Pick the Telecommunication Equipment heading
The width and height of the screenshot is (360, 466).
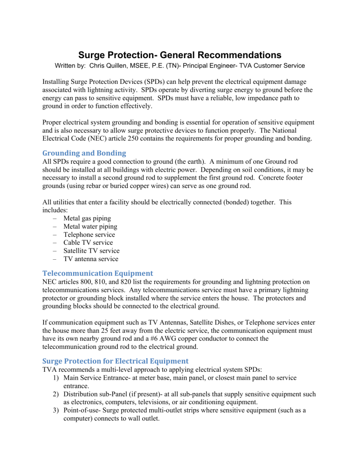coord(104,271)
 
